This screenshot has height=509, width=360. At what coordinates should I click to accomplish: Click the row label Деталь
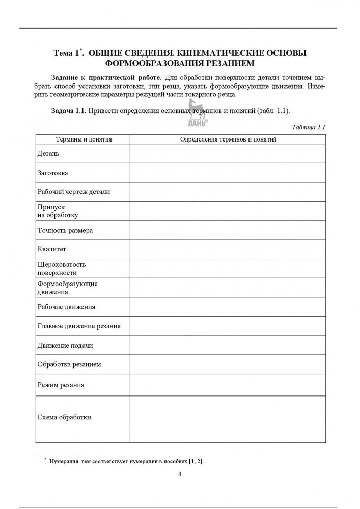pos(48,153)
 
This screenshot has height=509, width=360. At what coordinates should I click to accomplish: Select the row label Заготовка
pos(53,173)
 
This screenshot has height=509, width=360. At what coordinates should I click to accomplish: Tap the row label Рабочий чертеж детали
pos(74,192)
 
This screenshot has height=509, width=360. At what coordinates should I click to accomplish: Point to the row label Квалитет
pos(52,249)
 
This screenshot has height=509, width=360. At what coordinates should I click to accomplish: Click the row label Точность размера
pos(65,230)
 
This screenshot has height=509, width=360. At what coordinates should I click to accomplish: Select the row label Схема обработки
pos(65,418)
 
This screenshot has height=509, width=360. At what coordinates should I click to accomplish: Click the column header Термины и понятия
pos(83,139)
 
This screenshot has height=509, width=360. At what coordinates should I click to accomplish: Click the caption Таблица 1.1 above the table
pos(309,127)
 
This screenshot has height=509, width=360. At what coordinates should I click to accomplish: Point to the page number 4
pos(180,474)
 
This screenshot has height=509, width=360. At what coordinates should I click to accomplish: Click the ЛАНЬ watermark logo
pos(197,116)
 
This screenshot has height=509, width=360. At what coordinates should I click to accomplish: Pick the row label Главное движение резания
pos(79,326)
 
